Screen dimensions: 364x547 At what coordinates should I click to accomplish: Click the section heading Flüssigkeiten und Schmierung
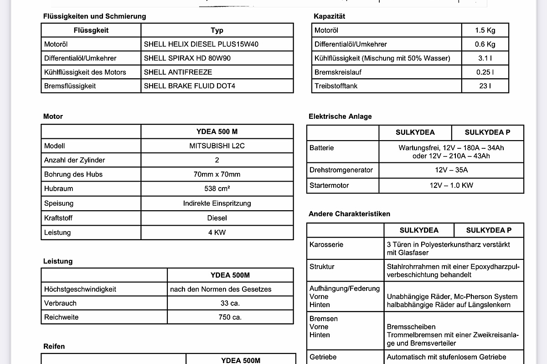click(x=94, y=16)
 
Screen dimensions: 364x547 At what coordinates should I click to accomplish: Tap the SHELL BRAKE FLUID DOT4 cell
click(x=190, y=86)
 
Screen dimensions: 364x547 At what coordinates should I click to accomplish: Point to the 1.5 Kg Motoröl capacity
click(x=485, y=30)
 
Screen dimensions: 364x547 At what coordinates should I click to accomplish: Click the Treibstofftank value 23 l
click(x=485, y=86)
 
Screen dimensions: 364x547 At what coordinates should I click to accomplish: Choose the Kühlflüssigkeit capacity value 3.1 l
click(x=485, y=58)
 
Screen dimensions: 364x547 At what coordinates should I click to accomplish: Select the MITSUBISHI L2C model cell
click(x=217, y=146)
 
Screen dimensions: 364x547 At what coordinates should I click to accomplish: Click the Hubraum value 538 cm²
click(x=217, y=189)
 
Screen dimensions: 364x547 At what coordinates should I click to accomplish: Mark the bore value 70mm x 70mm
click(x=217, y=174)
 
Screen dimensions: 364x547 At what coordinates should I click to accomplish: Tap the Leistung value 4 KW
click(x=217, y=233)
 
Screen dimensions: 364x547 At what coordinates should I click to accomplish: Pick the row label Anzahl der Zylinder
click(x=74, y=160)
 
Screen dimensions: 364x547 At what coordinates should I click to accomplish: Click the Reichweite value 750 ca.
click(x=230, y=317)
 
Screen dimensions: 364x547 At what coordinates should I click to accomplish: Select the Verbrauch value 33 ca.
click(x=230, y=303)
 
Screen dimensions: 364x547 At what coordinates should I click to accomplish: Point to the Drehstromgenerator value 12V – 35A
click(x=451, y=170)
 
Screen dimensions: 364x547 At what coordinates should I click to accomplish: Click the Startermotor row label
click(x=329, y=186)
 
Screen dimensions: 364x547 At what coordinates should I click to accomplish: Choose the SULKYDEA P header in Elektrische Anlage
click(x=487, y=132)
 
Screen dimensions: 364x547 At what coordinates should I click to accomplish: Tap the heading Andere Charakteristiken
click(x=349, y=214)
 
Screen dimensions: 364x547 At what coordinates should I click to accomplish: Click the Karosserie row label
click(x=326, y=245)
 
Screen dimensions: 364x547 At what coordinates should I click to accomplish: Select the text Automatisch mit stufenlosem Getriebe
click(x=446, y=357)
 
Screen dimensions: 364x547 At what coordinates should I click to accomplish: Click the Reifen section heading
click(x=54, y=347)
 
